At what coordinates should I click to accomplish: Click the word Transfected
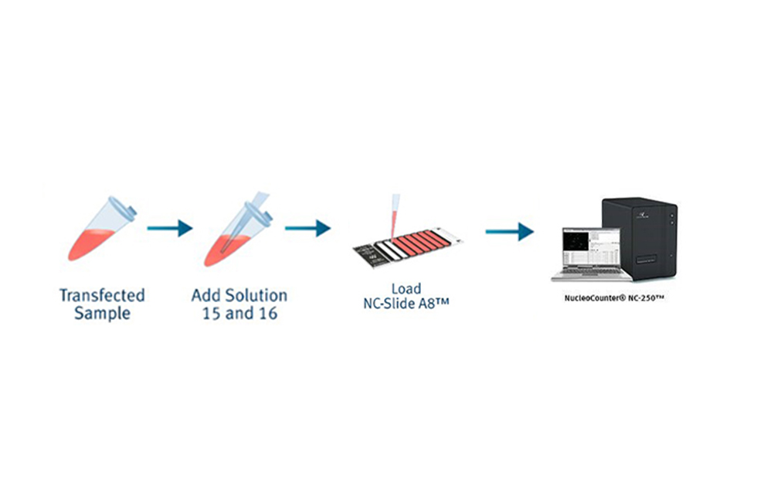pyautogui.click(x=102, y=295)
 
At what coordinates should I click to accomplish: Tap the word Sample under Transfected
pyautogui.click(x=102, y=313)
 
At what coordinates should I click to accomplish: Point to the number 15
pyautogui.click(x=212, y=314)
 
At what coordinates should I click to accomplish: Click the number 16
pyautogui.click(x=267, y=314)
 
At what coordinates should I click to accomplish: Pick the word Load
pyautogui.click(x=406, y=289)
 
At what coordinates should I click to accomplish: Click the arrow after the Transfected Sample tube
pyautogui.click(x=169, y=228)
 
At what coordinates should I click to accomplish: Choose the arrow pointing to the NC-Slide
pyautogui.click(x=307, y=228)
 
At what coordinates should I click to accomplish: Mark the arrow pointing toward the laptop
pyautogui.click(x=510, y=230)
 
